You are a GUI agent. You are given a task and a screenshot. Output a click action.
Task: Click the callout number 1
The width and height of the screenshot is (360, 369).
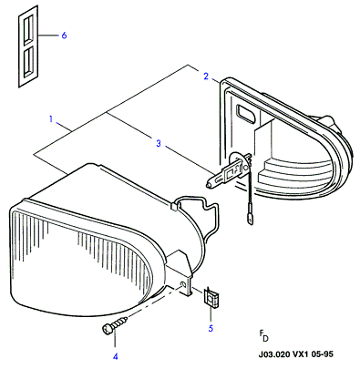(x=51, y=118)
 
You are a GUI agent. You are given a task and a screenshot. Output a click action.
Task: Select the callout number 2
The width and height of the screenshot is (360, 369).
(x=206, y=77)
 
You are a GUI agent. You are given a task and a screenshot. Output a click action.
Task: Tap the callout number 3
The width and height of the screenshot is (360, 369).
(x=159, y=143)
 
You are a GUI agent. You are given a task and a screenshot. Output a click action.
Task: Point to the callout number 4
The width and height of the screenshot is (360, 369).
(x=115, y=356)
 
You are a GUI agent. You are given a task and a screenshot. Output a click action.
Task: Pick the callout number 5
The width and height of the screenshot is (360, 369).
(x=211, y=328)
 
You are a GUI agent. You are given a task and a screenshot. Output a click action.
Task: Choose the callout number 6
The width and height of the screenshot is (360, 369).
(x=64, y=36)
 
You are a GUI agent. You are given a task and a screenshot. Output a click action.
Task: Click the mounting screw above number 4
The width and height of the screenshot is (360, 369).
(x=114, y=324)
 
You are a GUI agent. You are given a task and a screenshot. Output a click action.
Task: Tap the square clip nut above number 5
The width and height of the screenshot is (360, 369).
(x=211, y=298)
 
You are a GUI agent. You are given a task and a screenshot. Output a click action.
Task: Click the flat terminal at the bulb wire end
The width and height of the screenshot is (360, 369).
(x=250, y=218)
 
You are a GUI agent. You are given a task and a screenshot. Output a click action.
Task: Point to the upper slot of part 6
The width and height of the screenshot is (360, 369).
(x=28, y=28)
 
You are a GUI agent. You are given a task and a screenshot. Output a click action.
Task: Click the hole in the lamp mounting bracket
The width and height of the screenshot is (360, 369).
(x=182, y=285)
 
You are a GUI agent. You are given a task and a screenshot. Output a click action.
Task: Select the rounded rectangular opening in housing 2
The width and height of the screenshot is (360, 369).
(x=247, y=115)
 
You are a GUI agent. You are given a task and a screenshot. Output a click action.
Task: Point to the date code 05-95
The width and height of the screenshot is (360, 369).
(x=323, y=354)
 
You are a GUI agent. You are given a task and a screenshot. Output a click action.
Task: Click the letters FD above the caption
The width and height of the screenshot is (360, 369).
(x=263, y=336)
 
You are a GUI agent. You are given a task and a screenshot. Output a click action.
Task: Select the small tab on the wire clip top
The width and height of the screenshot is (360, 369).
(x=175, y=207)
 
